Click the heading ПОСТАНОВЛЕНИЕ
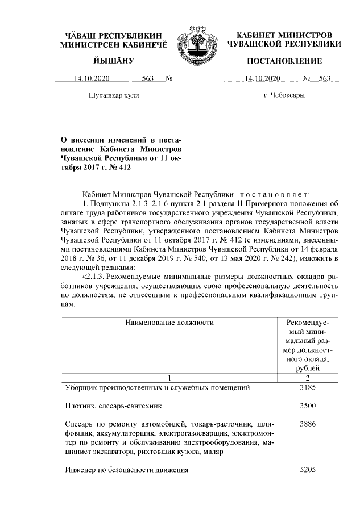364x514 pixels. point(284,61)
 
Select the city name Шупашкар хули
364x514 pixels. point(114,95)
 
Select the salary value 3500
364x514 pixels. point(307,406)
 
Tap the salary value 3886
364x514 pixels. point(307,424)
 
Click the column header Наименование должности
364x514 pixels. point(170,323)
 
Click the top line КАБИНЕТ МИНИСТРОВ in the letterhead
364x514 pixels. point(284,35)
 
